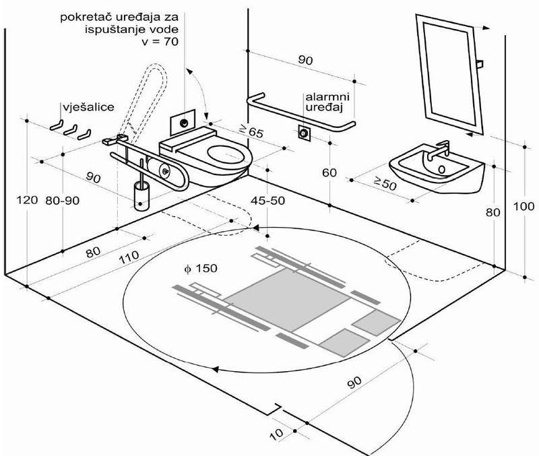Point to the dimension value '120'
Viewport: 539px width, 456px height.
point(25,200)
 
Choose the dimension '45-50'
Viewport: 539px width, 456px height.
point(272,201)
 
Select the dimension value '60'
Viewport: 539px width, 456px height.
point(329,172)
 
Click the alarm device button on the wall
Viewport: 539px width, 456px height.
point(305,132)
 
